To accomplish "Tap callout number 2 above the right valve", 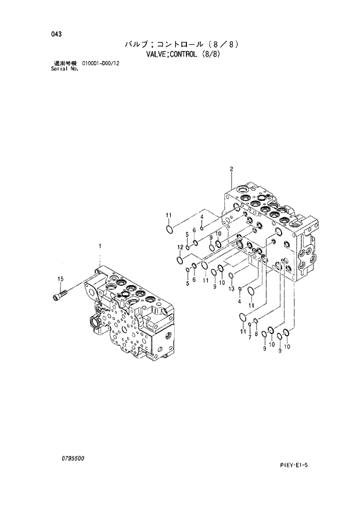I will pos(231,169).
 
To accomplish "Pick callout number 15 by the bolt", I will pos(59,279).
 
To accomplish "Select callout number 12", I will pos(180,247).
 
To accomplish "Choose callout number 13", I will pos(231,289).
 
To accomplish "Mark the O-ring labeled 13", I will pos(231,275).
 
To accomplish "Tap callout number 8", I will pos(256,334).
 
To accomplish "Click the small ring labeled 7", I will pos(249,325).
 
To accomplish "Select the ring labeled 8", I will pos(255,321).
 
